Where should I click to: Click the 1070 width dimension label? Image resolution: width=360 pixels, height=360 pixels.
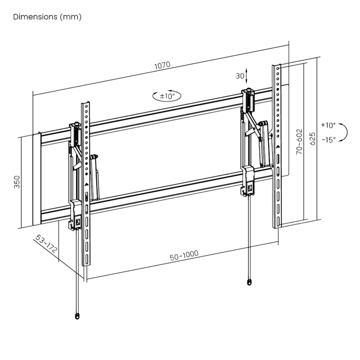coord(163,65)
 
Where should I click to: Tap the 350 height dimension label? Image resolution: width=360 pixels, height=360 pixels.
coord(17,182)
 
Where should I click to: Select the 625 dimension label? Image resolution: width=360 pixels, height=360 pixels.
coord(313,138)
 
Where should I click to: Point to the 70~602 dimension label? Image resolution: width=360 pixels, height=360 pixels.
coord(299,141)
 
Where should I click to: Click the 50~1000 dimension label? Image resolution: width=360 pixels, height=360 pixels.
coord(184,255)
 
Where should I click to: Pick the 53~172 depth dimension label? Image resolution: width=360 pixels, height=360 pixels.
coord(46,243)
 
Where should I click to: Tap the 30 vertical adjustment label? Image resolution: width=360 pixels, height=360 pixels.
coord(240,76)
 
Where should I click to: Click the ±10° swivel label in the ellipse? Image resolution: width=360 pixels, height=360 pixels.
coord(167,96)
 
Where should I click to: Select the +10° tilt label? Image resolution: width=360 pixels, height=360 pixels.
coord(328,125)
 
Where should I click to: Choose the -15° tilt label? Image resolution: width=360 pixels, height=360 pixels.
coord(329,139)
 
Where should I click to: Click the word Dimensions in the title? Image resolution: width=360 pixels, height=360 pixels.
coord(35,17)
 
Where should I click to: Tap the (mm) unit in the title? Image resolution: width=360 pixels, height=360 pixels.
coord(70,17)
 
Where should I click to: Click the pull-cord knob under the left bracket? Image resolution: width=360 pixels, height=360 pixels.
coord(77,316)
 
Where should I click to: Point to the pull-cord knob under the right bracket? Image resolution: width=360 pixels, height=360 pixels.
coord(249,282)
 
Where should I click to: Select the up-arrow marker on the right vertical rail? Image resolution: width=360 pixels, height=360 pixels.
coord(278,146)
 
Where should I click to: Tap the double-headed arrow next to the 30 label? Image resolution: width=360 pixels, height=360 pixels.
coord(247,76)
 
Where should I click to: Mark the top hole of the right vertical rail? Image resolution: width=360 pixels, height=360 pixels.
coord(278,68)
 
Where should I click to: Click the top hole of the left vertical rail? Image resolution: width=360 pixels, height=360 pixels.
coord(86,106)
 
